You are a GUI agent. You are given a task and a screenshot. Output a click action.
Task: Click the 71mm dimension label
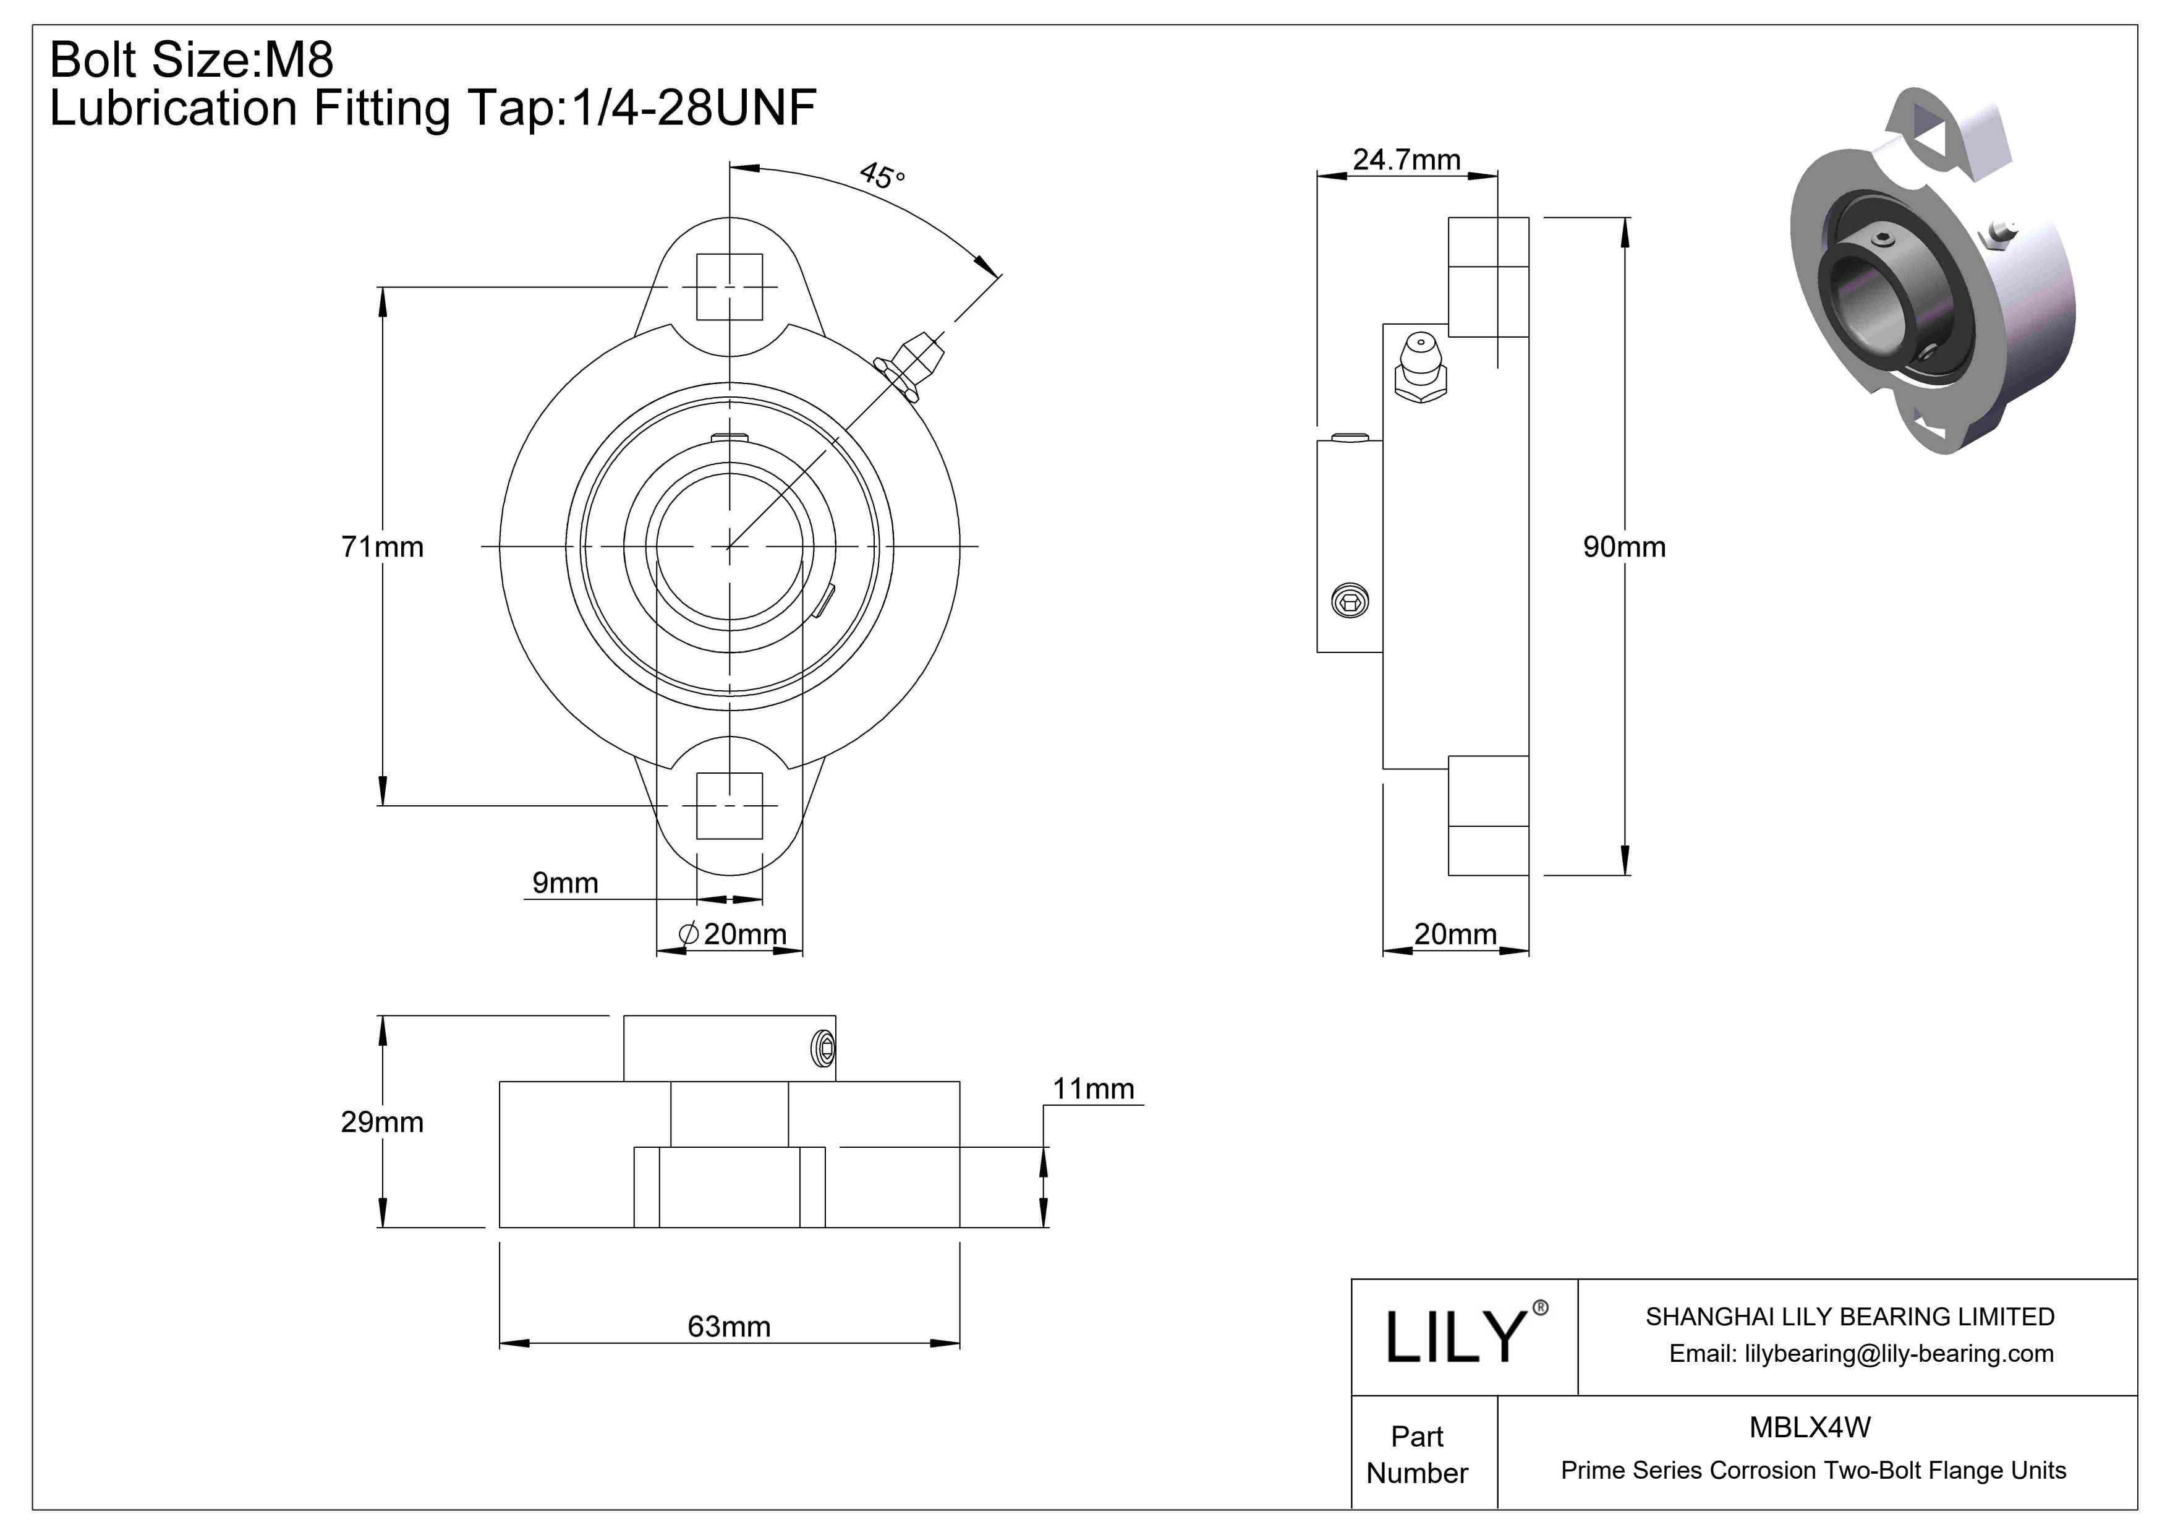pyautogui.click(x=382, y=546)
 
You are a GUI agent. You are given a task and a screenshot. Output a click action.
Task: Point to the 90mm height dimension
pyautogui.click(x=1623, y=546)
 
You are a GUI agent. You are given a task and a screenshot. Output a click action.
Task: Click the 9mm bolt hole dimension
pyautogui.click(x=565, y=883)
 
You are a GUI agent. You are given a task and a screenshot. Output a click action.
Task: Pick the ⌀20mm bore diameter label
pyautogui.click(x=733, y=934)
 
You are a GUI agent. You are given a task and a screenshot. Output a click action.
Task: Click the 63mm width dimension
pyautogui.click(x=729, y=1326)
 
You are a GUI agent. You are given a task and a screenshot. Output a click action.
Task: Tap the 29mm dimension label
pyautogui.click(x=382, y=1122)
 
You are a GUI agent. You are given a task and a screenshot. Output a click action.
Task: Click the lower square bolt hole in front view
pyautogui.click(x=729, y=805)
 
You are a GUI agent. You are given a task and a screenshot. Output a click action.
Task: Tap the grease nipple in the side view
pyautogui.click(x=1419, y=368)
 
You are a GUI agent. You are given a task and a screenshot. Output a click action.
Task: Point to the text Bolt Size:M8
pyautogui.click(x=192, y=59)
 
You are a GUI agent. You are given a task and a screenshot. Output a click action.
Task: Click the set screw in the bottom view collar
pyautogui.click(x=823, y=1047)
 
